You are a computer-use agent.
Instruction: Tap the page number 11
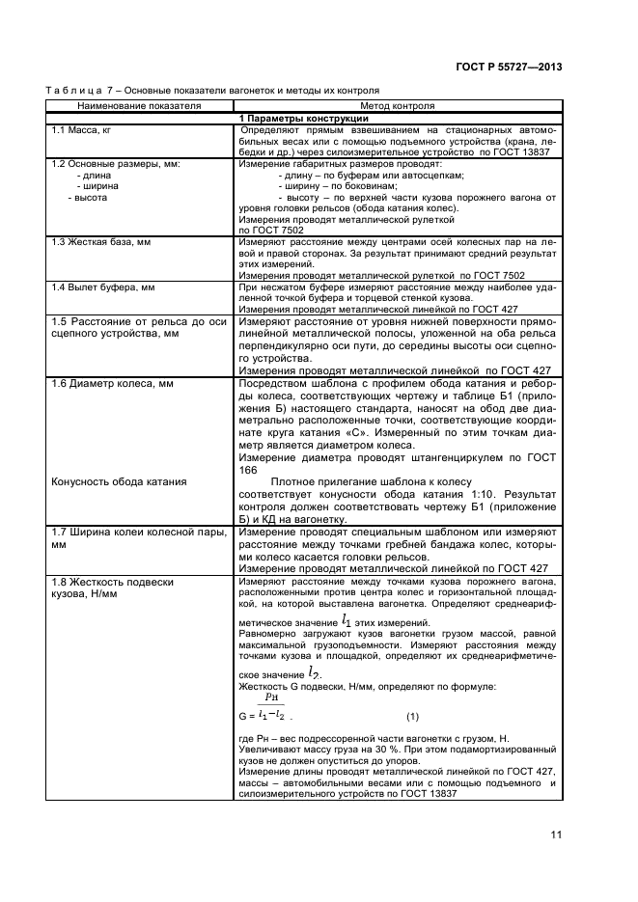(556, 835)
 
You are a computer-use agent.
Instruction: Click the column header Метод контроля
(397, 105)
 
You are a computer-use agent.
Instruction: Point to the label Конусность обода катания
(118, 480)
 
